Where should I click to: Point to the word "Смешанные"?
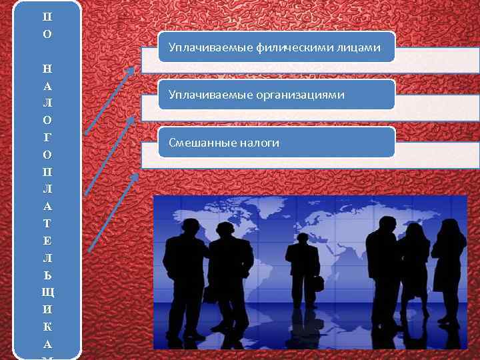197,143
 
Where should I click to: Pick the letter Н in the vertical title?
45,68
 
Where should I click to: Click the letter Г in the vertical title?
45,137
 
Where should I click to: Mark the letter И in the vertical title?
45,310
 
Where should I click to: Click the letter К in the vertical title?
45,327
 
